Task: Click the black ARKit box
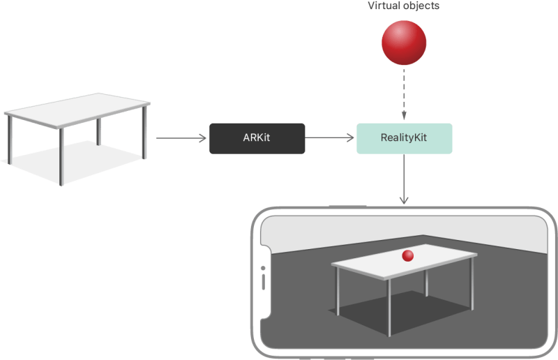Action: point(257,138)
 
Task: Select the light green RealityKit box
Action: point(404,138)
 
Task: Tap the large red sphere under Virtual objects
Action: point(404,43)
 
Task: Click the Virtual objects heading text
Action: point(404,6)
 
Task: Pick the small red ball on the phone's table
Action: point(408,256)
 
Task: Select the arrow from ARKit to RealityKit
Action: point(330,138)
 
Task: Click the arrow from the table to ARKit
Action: point(181,138)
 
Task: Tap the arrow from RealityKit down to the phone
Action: point(404,179)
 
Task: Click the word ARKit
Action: point(257,138)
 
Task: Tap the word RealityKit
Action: point(404,138)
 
